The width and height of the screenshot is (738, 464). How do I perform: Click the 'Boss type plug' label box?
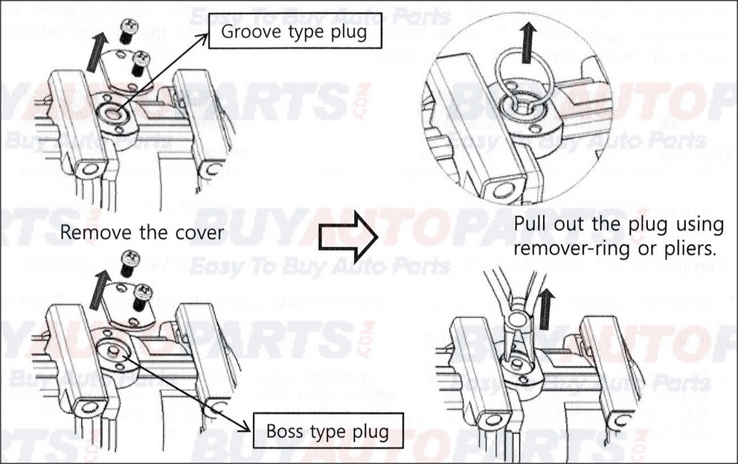tap(327, 431)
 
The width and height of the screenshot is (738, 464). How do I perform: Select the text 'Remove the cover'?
tap(141, 232)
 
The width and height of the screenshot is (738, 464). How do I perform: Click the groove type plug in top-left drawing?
tap(114, 113)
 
